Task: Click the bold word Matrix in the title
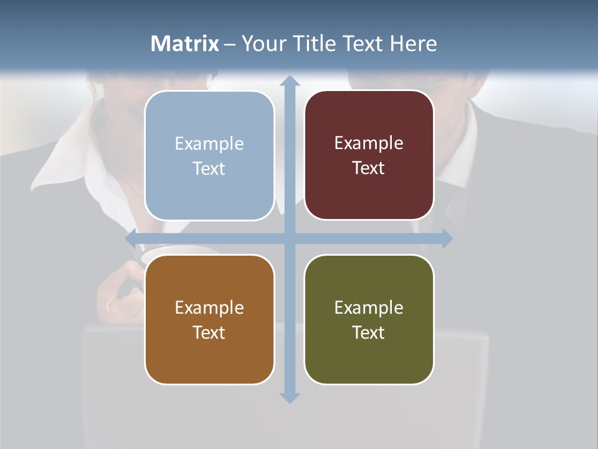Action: pos(184,44)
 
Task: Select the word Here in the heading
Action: pos(413,44)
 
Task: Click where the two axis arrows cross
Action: pos(290,238)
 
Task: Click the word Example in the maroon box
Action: pos(369,143)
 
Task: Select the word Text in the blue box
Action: pos(209,168)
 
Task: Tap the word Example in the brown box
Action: pos(209,307)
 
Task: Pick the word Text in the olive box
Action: pos(368,332)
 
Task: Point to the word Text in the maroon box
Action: pos(368,168)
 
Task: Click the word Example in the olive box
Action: pos(369,307)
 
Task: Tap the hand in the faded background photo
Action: pos(121,290)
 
